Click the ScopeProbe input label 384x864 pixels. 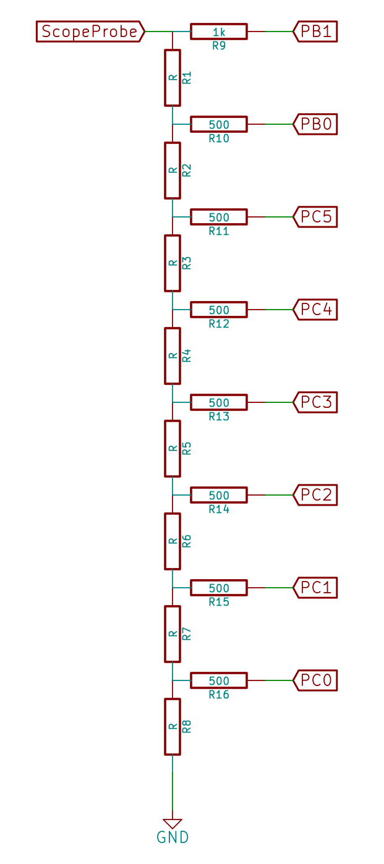90,31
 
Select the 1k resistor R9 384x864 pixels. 218,31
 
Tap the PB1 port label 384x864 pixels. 315,31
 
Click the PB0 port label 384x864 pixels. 315,124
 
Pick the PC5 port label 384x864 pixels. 315,217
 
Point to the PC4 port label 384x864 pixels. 315,310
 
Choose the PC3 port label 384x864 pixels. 315,402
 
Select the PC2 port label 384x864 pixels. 315,495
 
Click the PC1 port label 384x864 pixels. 315,588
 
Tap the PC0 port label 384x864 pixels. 315,680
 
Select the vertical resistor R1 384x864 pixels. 173,78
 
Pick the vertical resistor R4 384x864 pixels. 173,356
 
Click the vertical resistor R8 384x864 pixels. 173,727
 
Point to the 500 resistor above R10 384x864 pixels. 218,124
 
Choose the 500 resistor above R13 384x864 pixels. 218,402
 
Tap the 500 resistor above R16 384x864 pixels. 218,680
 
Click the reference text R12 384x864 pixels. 219,324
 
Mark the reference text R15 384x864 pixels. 219,602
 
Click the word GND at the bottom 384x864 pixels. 173,838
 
